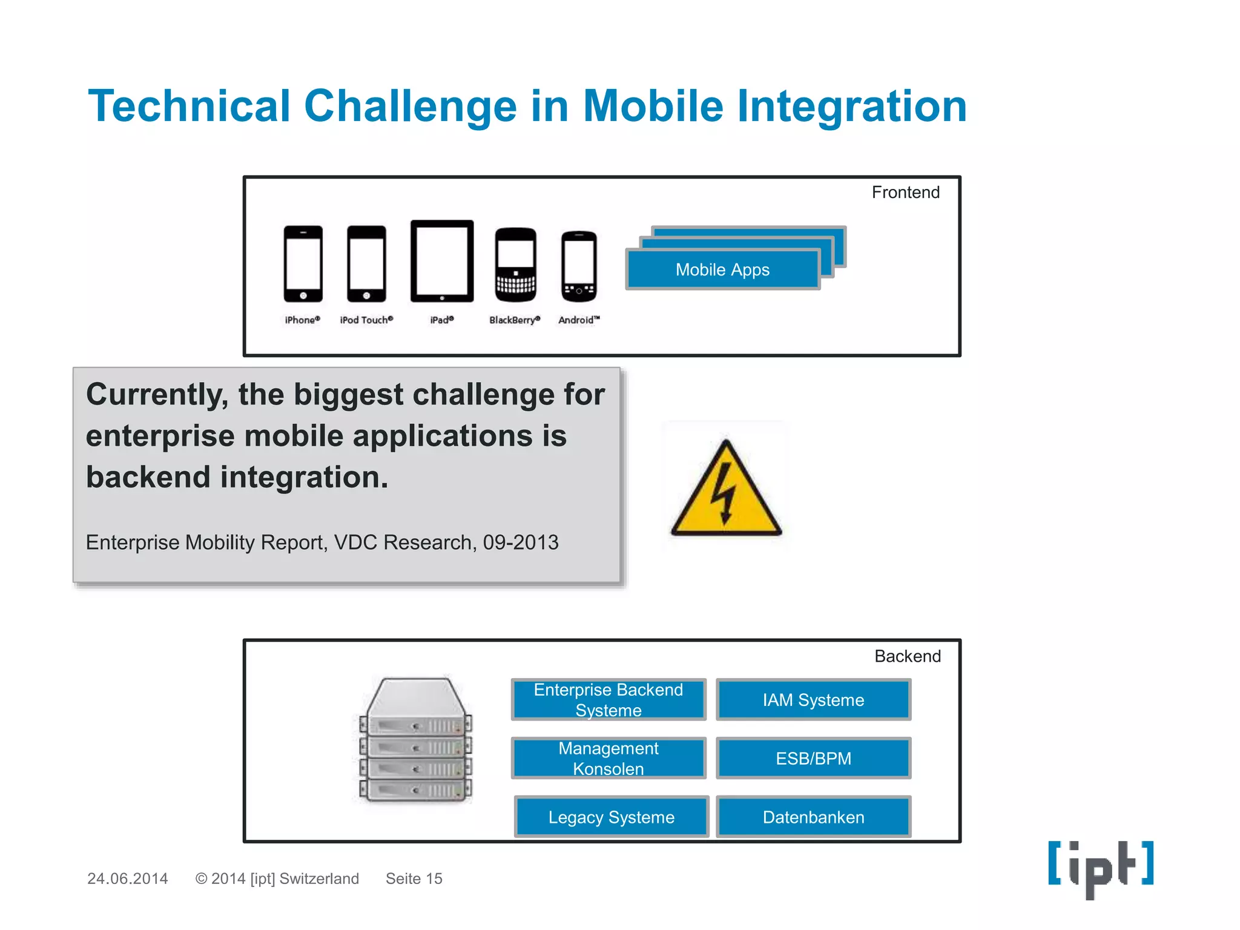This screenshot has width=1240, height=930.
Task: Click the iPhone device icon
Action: click(303, 263)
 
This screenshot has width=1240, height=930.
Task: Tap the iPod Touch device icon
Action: click(366, 263)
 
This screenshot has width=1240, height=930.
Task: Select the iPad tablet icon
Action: click(442, 261)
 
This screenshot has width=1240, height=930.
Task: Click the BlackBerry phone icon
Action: click(515, 265)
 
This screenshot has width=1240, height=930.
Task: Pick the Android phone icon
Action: click(579, 266)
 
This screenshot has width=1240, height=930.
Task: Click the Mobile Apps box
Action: click(723, 269)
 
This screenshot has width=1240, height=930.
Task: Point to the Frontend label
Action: click(905, 193)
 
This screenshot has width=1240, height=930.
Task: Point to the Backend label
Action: click(907, 656)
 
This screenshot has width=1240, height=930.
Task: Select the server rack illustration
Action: click(415, 740)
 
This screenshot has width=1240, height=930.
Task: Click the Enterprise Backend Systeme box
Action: click(608, 700)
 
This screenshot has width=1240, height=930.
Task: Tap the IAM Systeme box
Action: click(813, 700)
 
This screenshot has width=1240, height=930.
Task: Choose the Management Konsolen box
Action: click(608, 758)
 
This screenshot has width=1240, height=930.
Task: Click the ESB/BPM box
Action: click(813, 758)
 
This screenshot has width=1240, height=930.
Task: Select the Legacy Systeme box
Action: click(612, 817)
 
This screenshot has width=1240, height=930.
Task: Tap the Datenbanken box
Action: click(813, 817)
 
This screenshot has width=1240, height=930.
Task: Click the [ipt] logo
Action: click(1101, 867)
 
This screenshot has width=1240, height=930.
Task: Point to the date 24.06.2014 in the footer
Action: click(127, 879)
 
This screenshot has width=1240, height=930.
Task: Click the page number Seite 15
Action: click(414, 879)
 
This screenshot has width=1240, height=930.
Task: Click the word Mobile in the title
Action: click(653, 106)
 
